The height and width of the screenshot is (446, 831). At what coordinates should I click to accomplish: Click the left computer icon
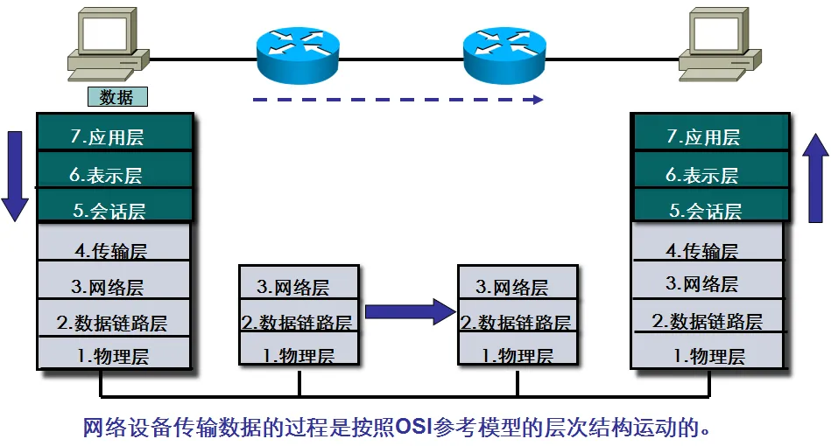109,44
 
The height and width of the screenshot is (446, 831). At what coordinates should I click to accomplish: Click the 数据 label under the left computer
116,97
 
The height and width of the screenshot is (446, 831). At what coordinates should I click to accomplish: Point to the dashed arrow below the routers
398,100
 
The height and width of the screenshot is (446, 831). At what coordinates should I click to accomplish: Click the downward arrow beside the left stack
15,175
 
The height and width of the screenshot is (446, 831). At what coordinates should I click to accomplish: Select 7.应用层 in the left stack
113,136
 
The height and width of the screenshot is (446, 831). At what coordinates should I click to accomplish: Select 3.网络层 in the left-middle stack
299,286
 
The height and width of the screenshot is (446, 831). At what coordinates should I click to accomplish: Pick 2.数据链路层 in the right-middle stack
517,322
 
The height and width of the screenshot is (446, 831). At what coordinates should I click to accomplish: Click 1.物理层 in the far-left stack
113,356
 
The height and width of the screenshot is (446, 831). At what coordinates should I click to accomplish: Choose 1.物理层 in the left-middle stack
299,356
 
